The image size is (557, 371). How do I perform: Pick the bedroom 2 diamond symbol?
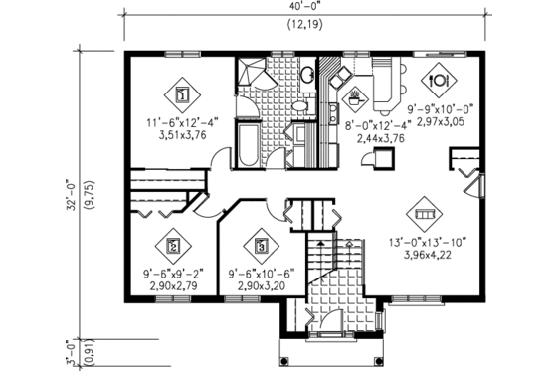click(174, 244)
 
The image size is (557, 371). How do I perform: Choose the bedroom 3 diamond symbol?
click(261, 243)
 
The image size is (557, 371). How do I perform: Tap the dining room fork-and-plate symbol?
click(438, 76)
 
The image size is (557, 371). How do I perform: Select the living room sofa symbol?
click(423, 214)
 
